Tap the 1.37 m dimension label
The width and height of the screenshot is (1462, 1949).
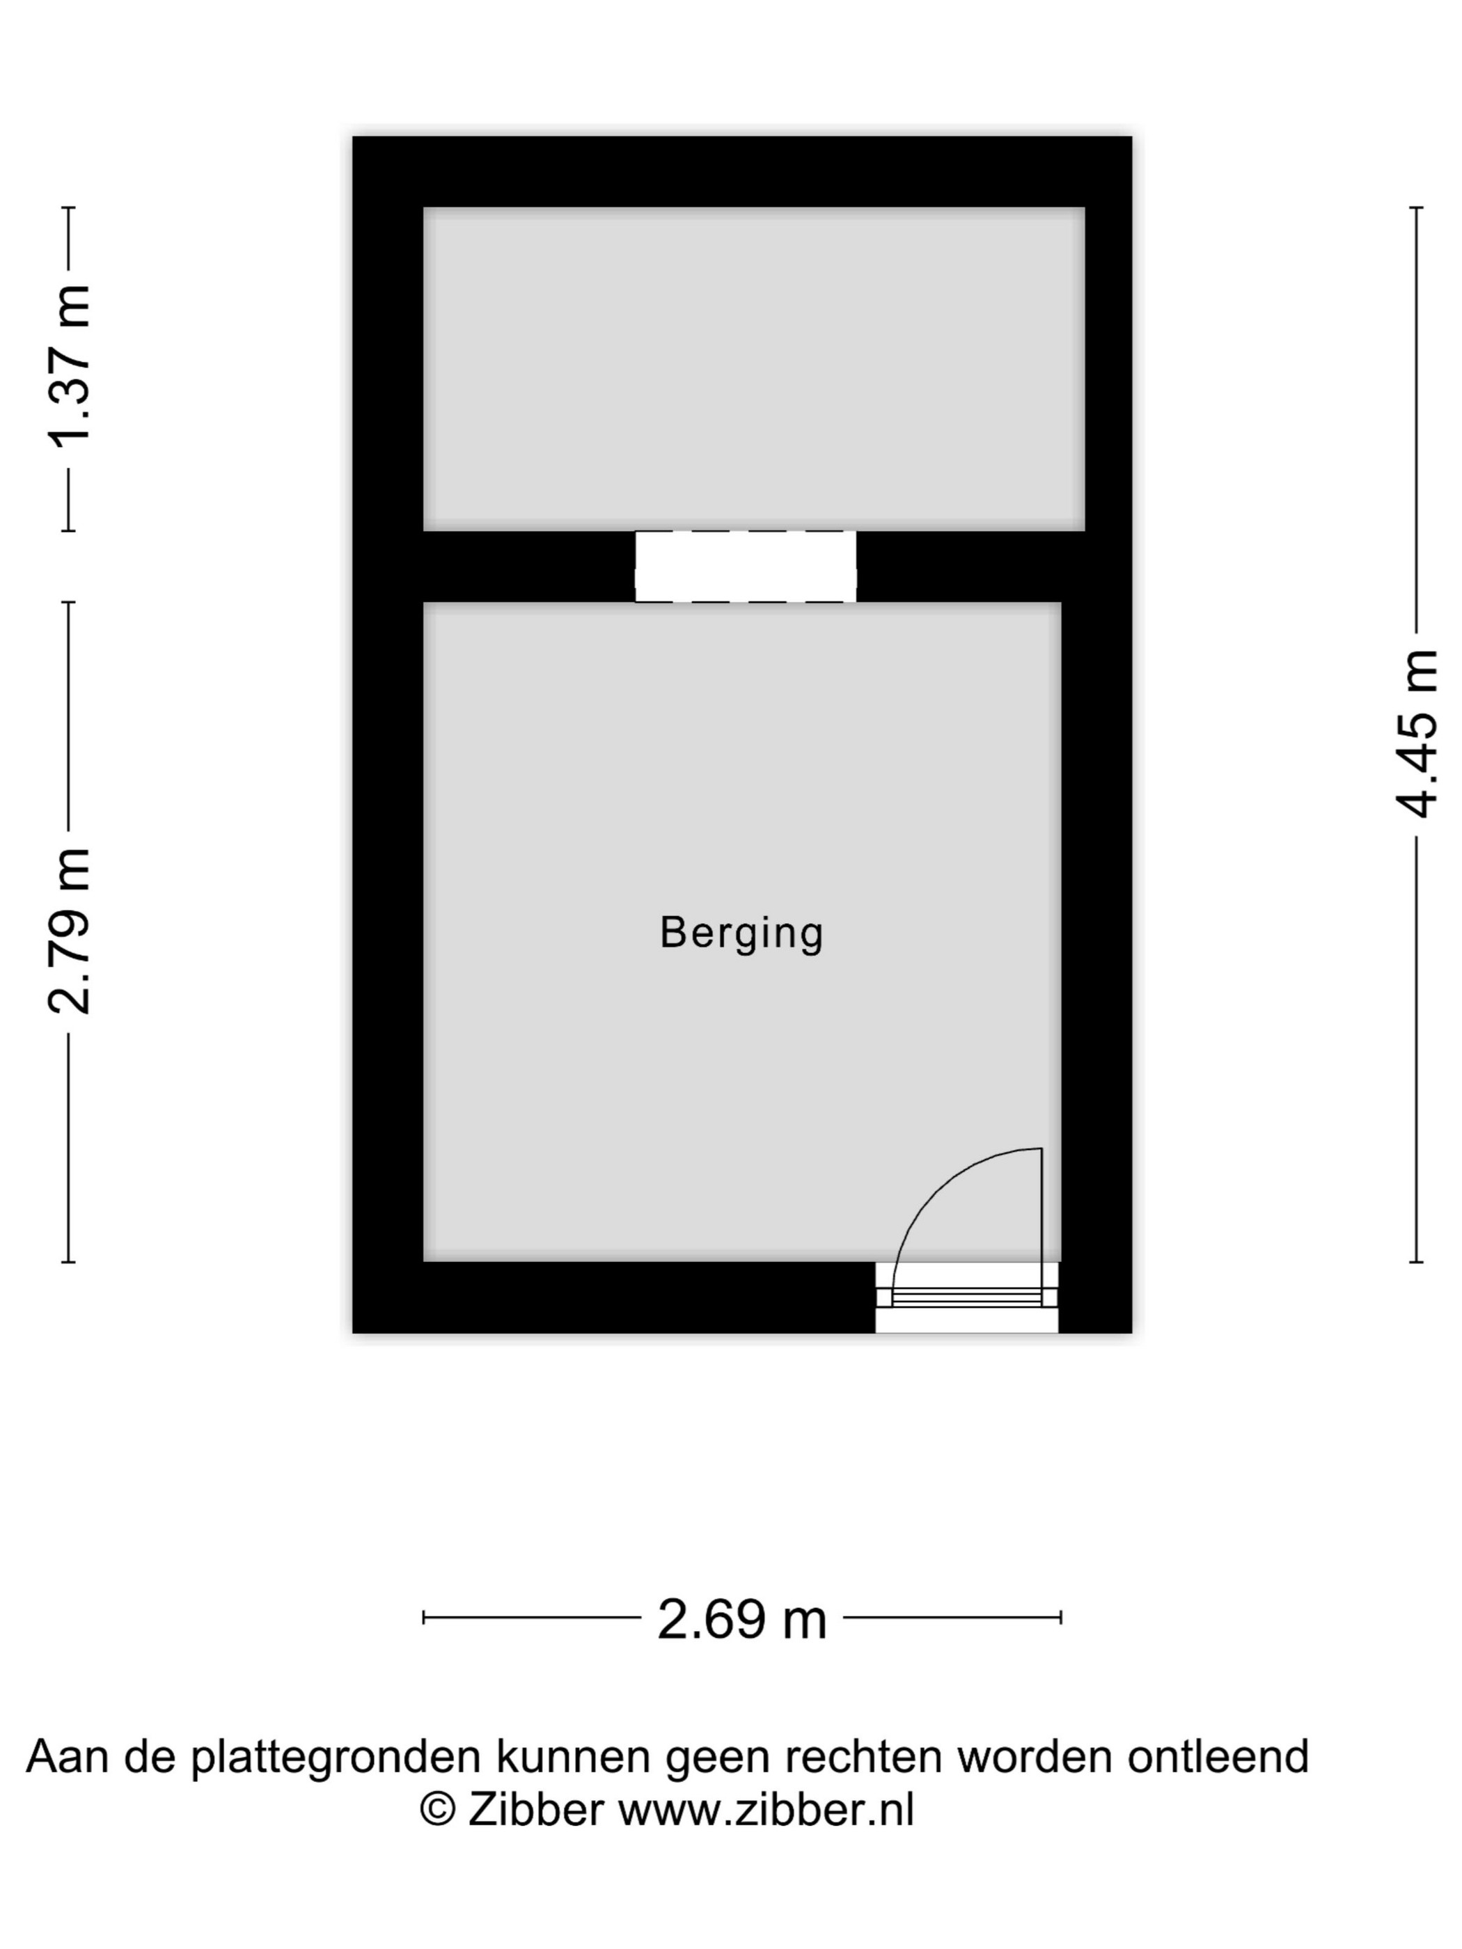click(70, 368)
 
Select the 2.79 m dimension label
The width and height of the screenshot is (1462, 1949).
click(70, 931)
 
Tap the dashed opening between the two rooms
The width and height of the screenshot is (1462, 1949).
click(746, 567)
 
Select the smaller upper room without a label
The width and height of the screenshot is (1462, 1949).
click(753, 369)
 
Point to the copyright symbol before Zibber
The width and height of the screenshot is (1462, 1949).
click(437, 1812)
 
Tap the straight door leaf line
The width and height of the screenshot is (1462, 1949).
click(1042, 1226)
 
